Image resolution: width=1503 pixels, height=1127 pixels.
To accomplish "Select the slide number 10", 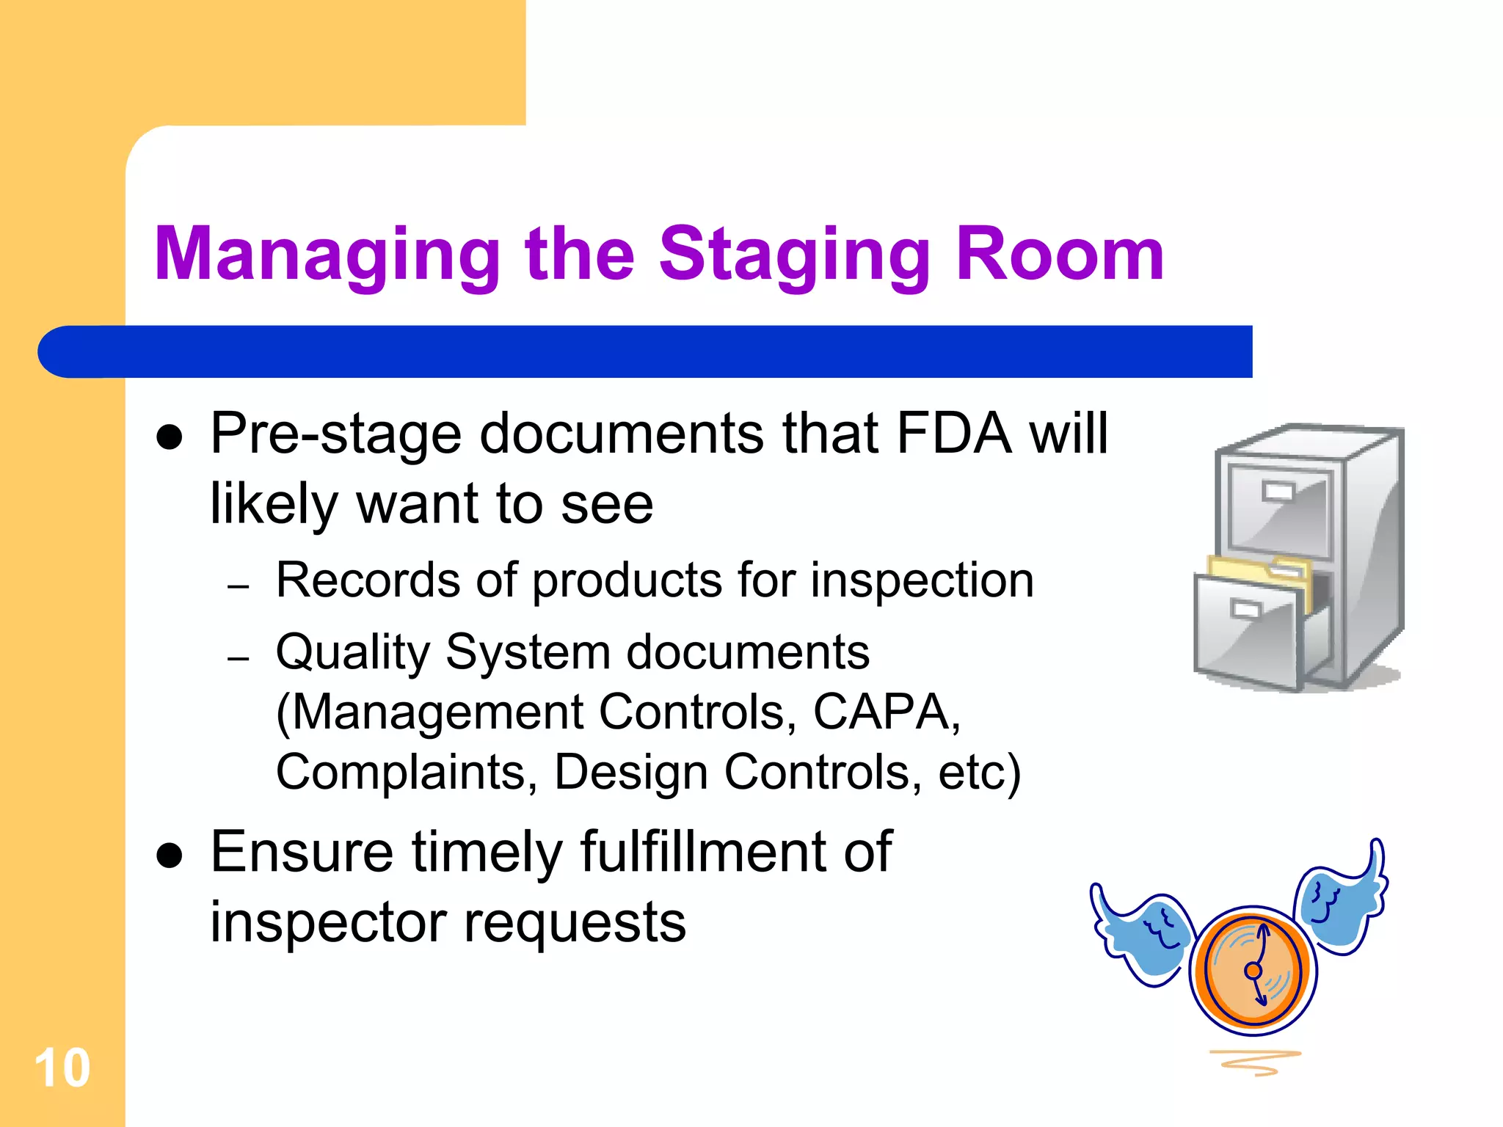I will coord(62,1068).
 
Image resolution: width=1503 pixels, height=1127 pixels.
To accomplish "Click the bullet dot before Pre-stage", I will coord(170,437).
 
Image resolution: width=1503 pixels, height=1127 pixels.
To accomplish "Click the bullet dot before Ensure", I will coord(170,856).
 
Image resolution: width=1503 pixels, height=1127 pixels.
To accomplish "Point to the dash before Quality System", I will coord(239,658).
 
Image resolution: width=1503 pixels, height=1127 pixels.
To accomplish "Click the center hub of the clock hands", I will coord(1253,971).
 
